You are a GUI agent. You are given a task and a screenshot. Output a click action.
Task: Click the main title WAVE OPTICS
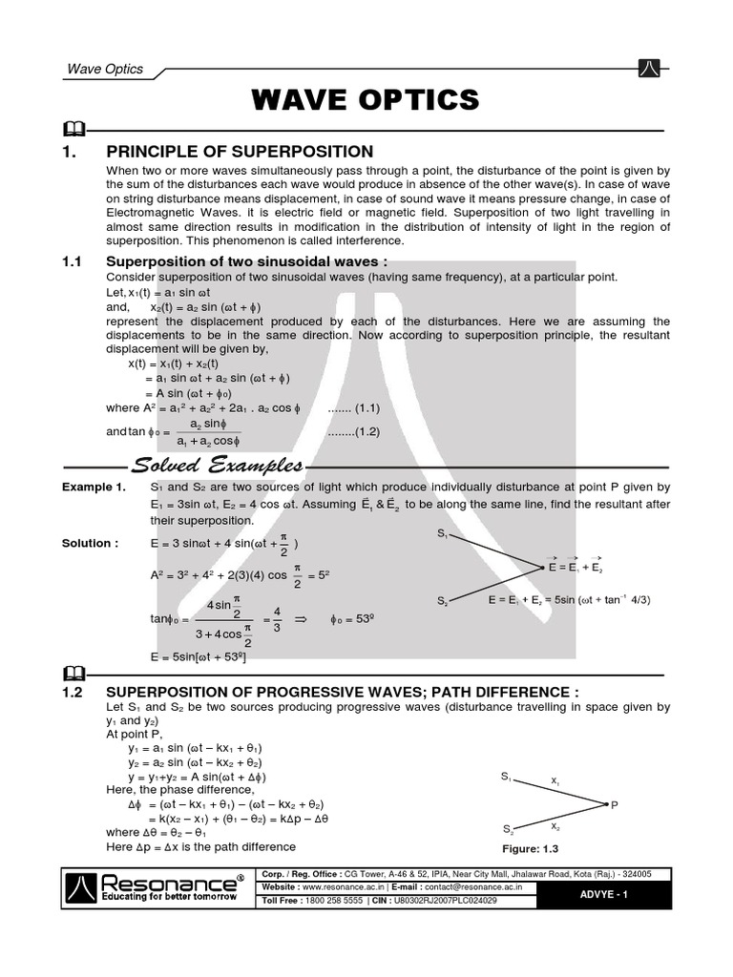tap(366, 99)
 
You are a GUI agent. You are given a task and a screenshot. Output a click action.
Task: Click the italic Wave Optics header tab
tap(105, 69)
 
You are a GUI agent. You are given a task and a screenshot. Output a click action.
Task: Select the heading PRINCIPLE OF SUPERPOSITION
tap(240, 152)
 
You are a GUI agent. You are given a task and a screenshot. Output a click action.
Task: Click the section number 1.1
tap(73, 261)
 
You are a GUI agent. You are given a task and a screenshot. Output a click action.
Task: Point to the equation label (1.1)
tap(354, 408)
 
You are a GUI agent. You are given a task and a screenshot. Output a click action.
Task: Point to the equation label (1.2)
tap(354, 431)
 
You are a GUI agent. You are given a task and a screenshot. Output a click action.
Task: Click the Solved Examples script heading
tap(219, 467)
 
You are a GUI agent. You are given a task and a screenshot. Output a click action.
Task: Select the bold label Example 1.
tap(94, 488)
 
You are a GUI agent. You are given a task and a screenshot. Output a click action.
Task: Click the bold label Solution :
tap(91, 543)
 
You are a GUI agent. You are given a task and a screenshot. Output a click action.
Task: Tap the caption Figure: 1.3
tap(529, 848)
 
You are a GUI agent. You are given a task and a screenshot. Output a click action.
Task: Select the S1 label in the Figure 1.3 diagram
tap(507, 778)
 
